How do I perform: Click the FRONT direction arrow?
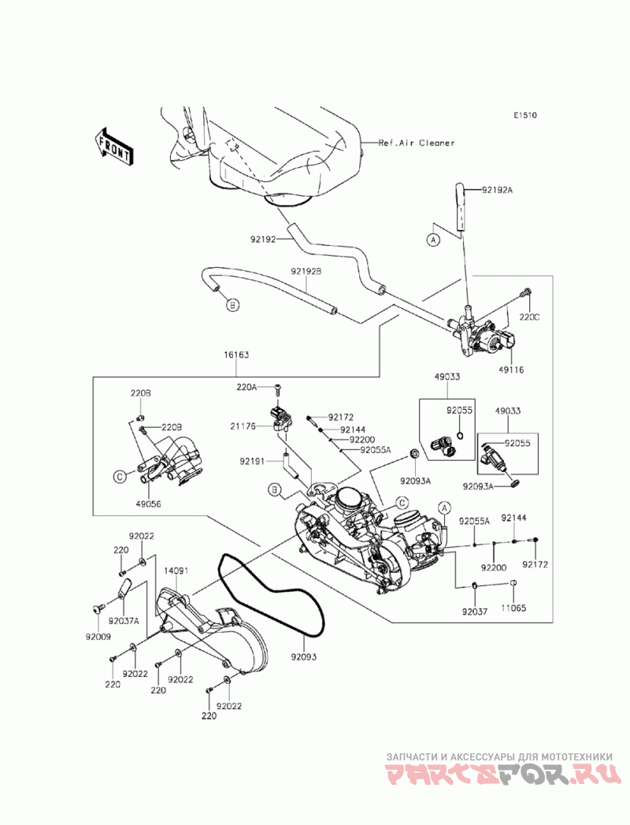point(113,147)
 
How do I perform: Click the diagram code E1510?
point(526,115)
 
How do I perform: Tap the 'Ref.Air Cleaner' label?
point(417,143)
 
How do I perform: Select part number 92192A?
point(497,190)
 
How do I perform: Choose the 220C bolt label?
point(529,318)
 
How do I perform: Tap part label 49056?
point(148,504)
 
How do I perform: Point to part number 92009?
point(98,636)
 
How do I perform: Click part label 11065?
point(513,608)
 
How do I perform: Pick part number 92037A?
point(124,621)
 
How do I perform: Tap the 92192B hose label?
point(306,272)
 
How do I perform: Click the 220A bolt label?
point(246,387)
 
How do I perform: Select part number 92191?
point(250,461)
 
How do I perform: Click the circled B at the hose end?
point(233,304)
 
